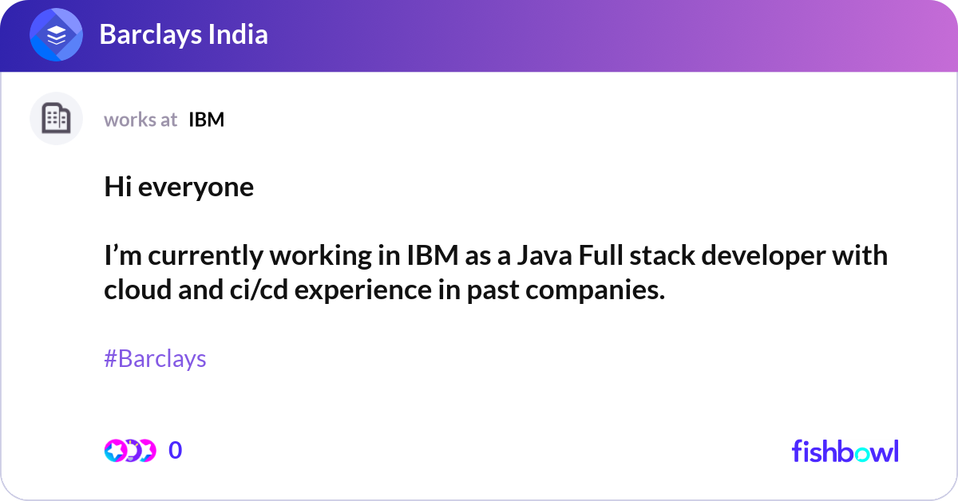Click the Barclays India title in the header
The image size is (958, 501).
click(x=183, y=34)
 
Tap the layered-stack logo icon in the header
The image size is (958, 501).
click(x=56, y=35)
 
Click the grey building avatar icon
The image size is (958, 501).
click(x=56, y=119)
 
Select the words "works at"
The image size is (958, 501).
click(x=141, y=120)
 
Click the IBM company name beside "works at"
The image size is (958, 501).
click(x=206, y=120)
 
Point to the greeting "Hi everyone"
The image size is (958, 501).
click(x=179, y=187)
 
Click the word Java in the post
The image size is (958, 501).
click(x=543, y=256)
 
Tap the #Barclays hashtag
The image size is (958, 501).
click(x=155, y=359)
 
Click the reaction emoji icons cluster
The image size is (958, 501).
click(x=129, y=451)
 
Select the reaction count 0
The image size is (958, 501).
click(x=176, y=451)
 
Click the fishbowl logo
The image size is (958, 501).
click(x=845, y=451)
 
